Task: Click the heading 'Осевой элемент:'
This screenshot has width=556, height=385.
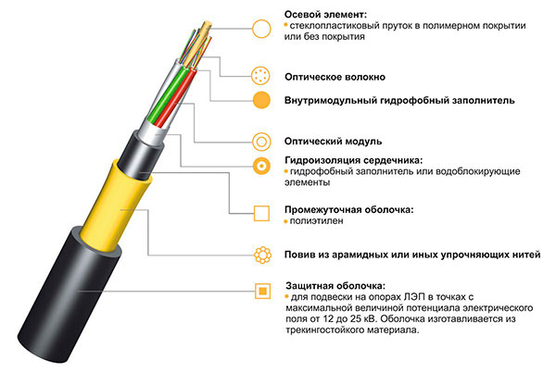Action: (x=325, y=15)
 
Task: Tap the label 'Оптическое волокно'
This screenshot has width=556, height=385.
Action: (x=335, y=77)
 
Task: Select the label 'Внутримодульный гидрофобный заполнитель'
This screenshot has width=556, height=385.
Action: (x=399, y=100)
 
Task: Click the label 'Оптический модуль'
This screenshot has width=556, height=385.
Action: (x=333, y=142)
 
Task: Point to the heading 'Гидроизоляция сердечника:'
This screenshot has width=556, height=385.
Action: (x=354, y=160)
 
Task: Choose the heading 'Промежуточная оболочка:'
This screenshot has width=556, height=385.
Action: (x=349, y=210)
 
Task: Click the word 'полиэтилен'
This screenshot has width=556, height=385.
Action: (x=316, y=220)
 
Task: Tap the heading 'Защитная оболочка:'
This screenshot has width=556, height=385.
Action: (x=335, y=285)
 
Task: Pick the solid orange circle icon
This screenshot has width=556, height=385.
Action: (x=261, y=100)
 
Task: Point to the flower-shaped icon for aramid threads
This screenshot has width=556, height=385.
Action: (x=263, y=255)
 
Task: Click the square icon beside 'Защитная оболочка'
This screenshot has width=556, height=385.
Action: (x=263, y=292)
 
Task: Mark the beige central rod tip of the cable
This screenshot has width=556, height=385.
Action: (x=207, y=26)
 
